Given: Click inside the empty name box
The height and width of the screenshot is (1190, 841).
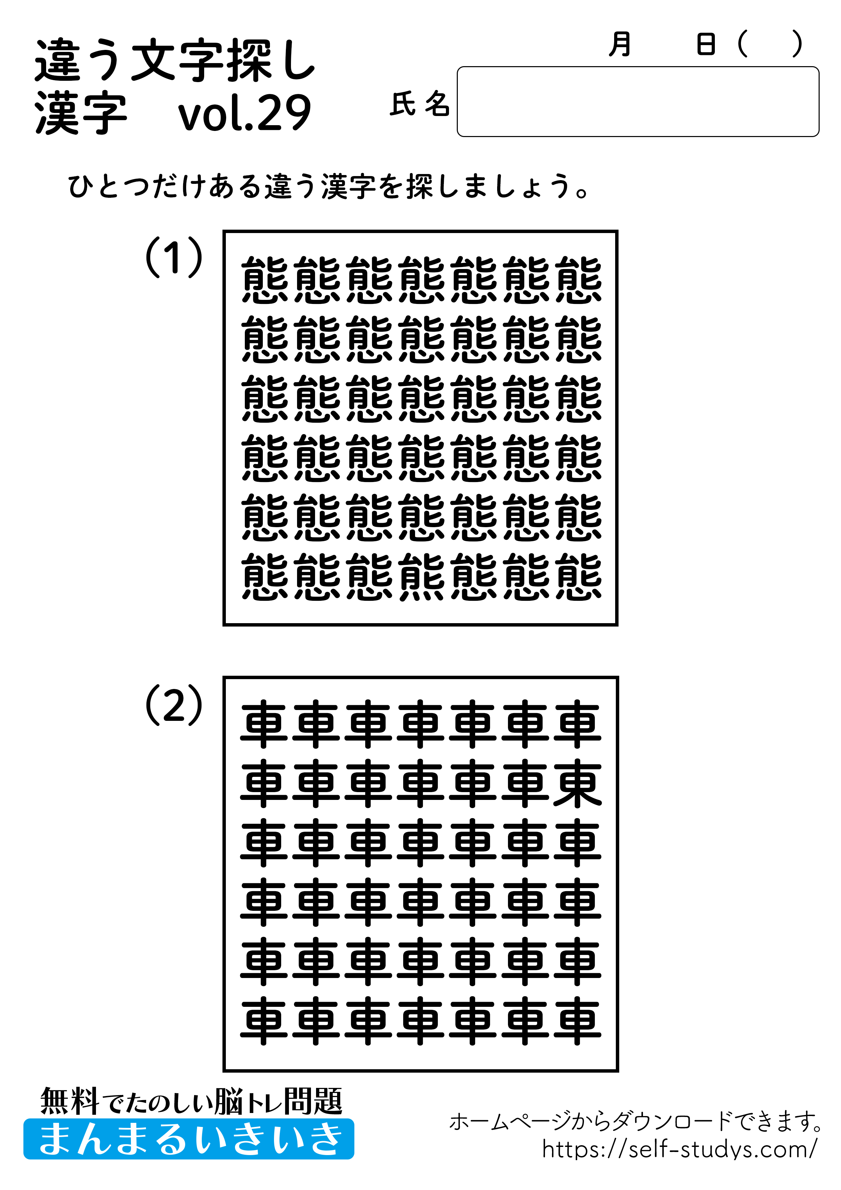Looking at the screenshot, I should [x=637, y=101].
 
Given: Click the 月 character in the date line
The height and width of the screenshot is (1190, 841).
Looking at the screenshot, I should [x=620, y=44].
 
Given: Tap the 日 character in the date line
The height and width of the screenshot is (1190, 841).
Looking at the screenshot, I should [x=706, y=44].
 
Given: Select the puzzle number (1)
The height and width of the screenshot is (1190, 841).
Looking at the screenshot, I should [x=174, y=257].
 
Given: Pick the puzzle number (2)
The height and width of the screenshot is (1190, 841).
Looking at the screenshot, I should [x=174, y=705].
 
